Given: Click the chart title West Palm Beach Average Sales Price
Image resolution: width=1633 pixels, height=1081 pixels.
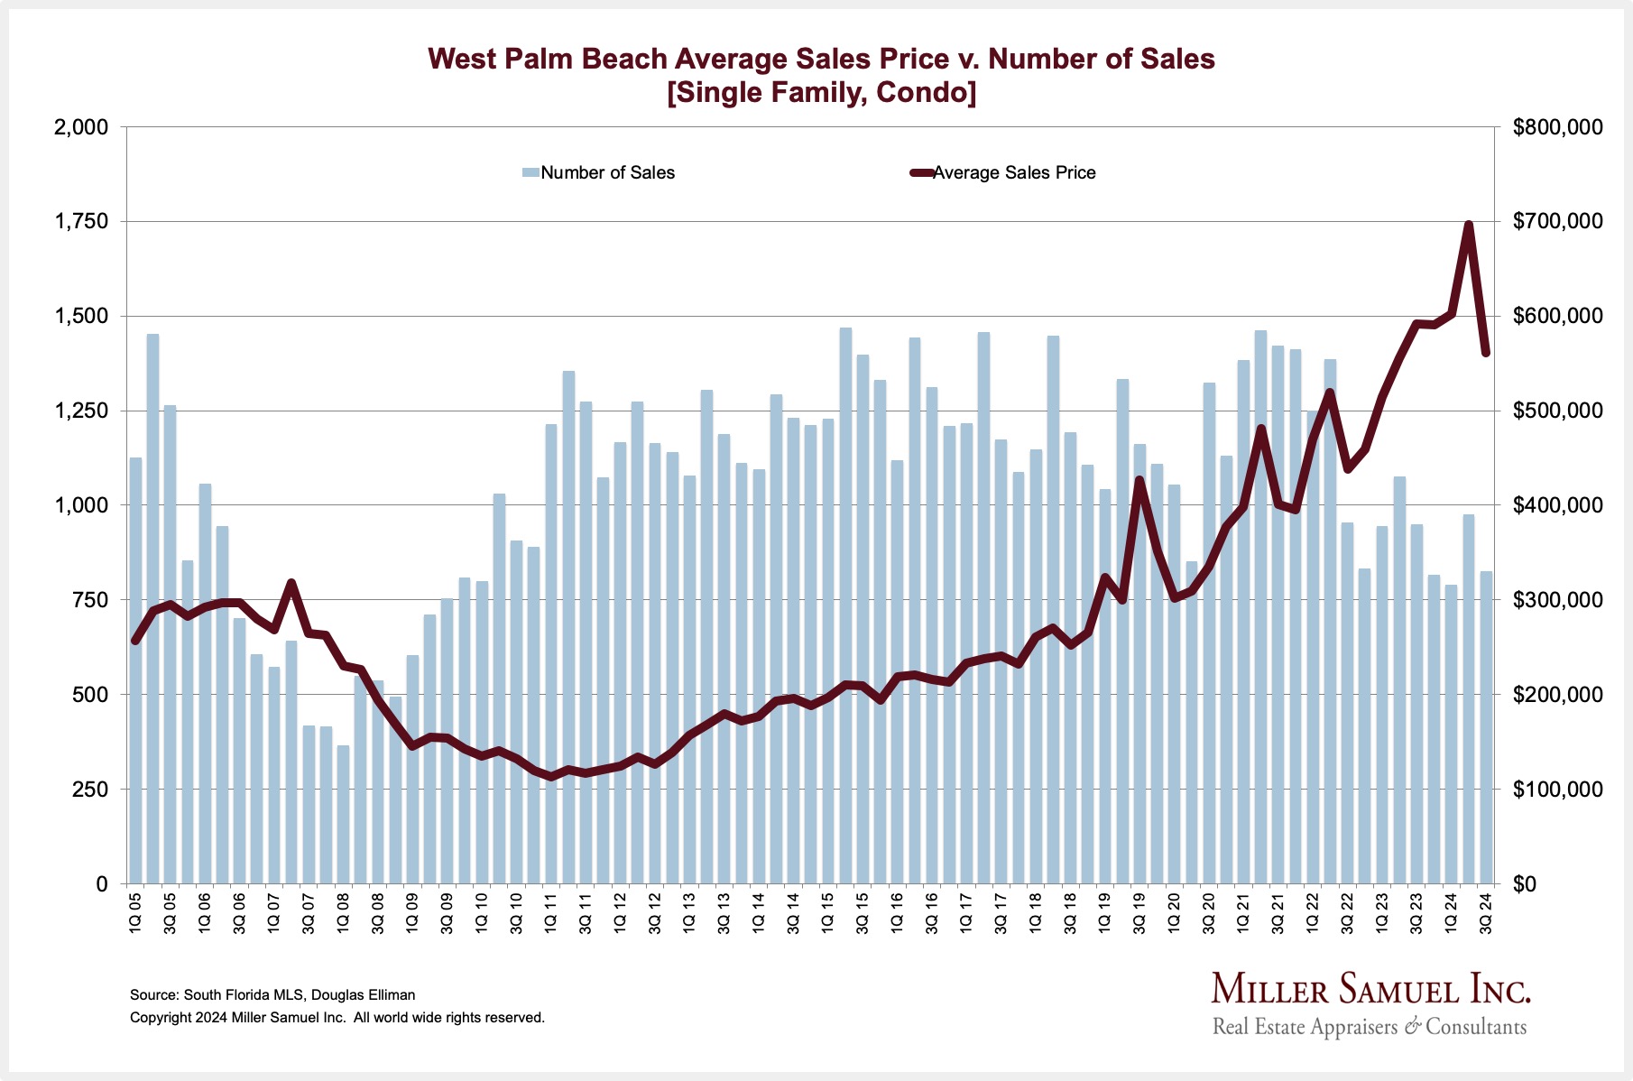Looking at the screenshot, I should pyautogui.click(x=821, y=59).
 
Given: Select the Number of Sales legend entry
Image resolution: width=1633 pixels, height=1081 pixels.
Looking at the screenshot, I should pyautogui.click(x=606, y=172).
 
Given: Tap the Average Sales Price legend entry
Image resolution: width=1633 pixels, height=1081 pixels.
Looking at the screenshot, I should pyautogui.click(x=1013, y=172).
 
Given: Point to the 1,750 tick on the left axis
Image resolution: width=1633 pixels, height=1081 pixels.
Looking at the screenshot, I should pyautogui.click(x=83, y=222).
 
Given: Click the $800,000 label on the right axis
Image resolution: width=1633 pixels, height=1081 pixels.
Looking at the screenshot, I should pyautogui.click(x=1558, y=127).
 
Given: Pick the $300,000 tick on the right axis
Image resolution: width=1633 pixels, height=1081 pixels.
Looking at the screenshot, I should pyautogui.click(x=1558, y=600).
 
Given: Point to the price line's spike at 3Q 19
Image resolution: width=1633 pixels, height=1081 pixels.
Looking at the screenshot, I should pyautogui.click(x=1139, y=480).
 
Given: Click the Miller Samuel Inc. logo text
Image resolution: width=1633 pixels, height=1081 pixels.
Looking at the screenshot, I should pyautogui.click(x=1370, y=989).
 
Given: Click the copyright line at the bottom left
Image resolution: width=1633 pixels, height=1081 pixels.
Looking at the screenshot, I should pyautogui.click(x=337, y=1018).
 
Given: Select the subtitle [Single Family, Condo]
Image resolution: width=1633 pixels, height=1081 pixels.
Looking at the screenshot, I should pyautogui.click(x=821, y=93).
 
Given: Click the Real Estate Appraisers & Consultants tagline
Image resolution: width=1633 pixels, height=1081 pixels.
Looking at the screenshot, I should pyautogui.click(x=1370, y=1027).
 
